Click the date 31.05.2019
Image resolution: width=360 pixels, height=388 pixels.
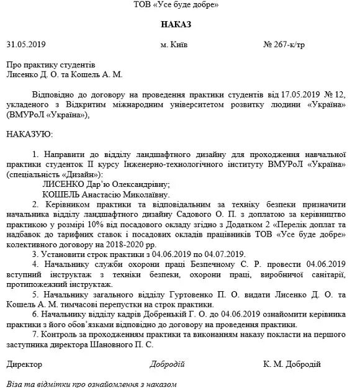click(x=27, y=45)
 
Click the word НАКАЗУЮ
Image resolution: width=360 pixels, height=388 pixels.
click(x=30, y=133)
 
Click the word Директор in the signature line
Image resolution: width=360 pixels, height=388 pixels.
click(x=24, y=364)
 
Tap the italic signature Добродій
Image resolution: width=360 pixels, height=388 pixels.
click(x=167, y=364)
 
